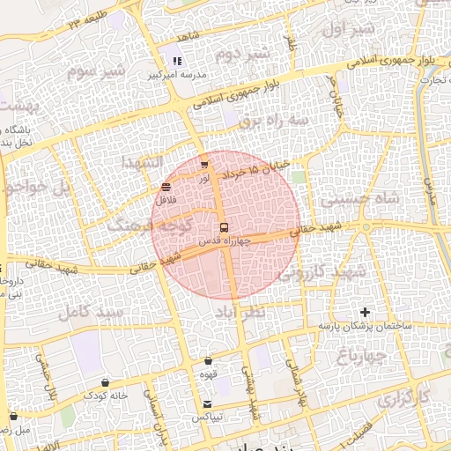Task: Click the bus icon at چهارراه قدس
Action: [223, 227]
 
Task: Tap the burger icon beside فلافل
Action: [166, 187]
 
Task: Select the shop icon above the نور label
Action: [204, 164]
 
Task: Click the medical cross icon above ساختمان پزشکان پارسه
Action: [366, 313]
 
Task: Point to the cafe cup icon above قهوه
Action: [208, 360]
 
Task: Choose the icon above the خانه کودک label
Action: [106, 382]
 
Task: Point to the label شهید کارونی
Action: [322, 272]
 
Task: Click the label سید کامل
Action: [86, 311]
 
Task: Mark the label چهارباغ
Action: [361, 355]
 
